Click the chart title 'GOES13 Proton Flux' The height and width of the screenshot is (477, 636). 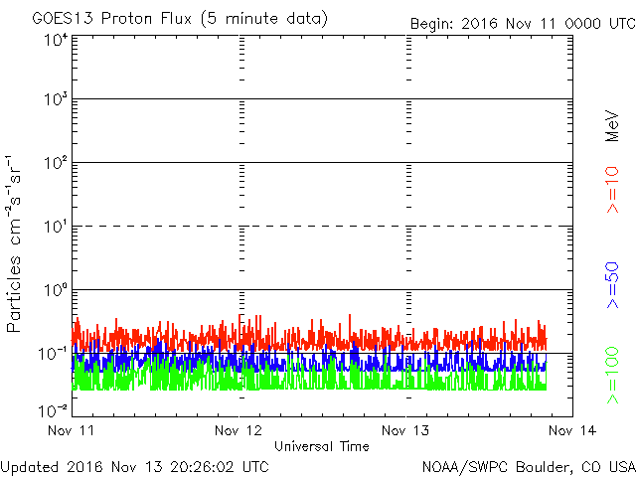pos(111,19)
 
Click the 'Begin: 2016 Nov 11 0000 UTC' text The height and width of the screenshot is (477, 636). pos(523,24)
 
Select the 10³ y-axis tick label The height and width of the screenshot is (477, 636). pos(56,99)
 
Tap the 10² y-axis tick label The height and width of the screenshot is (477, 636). pos(56,163)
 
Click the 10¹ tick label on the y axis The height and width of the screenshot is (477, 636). pos(56,227)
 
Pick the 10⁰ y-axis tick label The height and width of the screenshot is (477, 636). pos(56,290)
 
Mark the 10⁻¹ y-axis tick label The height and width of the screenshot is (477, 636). pos(53,354)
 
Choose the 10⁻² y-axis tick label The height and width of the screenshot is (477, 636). pos(53,410)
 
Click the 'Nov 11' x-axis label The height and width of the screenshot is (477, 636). pos(71,430)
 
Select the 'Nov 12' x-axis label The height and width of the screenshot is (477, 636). pos(238,430)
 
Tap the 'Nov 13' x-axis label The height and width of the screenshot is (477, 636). pos(405,430)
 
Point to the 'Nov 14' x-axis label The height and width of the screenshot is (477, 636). pos(572,430)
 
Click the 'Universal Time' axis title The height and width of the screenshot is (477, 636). pos(322,446)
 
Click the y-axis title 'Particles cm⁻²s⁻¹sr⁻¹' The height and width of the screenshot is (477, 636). pos(13,243)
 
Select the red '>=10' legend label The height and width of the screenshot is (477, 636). pos(612,190)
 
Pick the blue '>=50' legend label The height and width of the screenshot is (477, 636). pos(612,285)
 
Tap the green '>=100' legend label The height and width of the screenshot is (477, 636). pos(612,376)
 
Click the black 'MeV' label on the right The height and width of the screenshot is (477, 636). pos(612,126)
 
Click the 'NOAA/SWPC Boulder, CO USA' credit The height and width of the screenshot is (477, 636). pos(529,467)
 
